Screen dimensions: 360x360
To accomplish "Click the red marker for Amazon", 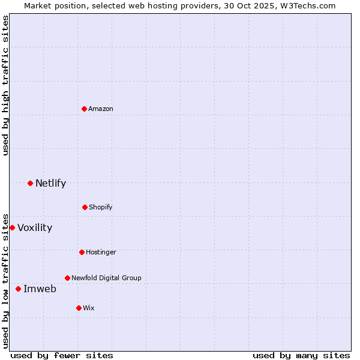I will click(x=85, y=109).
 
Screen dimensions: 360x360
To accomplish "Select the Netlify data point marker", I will click(x=30, y=183).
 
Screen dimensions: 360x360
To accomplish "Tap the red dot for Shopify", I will click(x=85, y=207).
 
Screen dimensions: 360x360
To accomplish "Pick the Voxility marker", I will click(x=12, y=227).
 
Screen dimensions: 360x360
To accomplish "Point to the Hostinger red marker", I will click(x=82, y=252).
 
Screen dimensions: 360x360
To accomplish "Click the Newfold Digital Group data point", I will click(x=67, y=278).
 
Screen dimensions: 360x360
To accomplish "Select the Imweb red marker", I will click(x=18, y=289).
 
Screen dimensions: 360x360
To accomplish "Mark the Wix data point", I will click(x=79, y=308).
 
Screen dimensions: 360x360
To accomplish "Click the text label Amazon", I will click(x=101, y=109).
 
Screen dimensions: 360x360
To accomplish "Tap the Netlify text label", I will click(x=50, y=183).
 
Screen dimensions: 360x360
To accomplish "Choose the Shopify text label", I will click(x=101, y=207).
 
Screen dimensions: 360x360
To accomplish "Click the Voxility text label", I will click(x=35, y=227).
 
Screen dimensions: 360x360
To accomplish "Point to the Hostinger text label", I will click(x=101, y=252).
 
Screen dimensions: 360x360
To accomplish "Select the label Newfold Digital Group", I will click(x=106, y=278).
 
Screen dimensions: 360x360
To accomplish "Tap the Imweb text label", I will click(x=40, y=289).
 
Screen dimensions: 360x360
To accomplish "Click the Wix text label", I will click(x=89, y=308).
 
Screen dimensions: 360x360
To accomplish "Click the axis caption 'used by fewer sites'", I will click(x=62, y=355).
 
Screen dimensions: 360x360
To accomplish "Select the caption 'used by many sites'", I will click(x=301, y=355).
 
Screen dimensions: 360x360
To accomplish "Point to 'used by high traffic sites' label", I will click(x=5, y=85).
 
